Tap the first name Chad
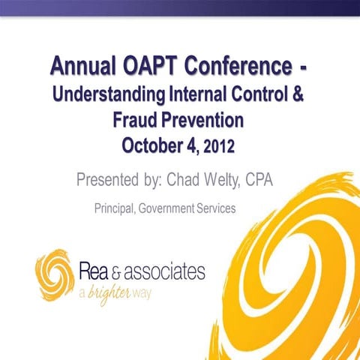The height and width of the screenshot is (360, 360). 187,180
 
